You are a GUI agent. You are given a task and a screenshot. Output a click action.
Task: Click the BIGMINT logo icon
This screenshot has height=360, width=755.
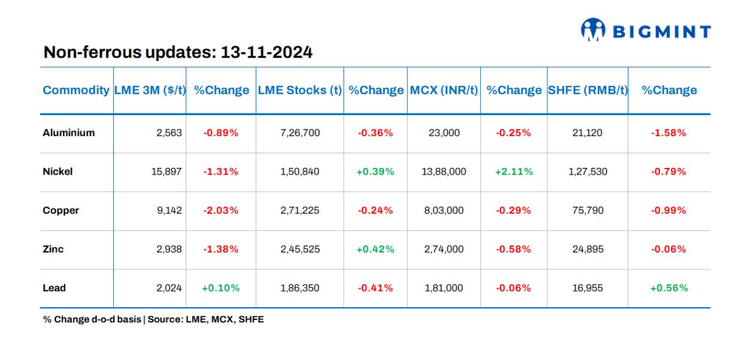pyautogui.click(x=593, y=30)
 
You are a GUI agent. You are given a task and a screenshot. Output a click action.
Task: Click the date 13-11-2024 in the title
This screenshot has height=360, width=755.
pyautogui.click(x=266, y=52)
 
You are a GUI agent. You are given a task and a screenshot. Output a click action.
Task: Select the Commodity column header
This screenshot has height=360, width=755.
pyautogui.click(x=76, y=90)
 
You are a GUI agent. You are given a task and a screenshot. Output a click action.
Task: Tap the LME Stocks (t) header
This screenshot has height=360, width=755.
pyautogui.click(x=299, y=90)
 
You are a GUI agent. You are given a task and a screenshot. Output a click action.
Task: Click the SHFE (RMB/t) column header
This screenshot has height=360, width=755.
pyautogui.click(x=588, y=90)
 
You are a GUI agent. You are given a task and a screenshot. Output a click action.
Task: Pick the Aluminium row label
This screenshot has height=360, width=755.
pyautogui.click(x=68, y=133)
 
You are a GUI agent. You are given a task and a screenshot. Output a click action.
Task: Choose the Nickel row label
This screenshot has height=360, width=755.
pyautogui.click(x=58, y=172)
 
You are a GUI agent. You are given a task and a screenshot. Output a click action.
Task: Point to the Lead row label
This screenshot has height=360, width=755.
pyautogui.click(x=54, y=288)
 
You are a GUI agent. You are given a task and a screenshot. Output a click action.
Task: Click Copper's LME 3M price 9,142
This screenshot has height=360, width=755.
pyautogui.click(x=169, y=211)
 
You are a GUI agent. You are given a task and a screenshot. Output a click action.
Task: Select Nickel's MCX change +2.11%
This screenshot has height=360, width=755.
pyautogui.click(x=513, y=172)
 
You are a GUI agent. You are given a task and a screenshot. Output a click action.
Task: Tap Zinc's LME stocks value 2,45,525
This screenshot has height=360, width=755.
pyautogui.click(x=299, y=249)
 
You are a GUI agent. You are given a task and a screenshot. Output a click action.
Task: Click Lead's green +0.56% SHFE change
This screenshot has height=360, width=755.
pyautogui.click(x=669, y=288)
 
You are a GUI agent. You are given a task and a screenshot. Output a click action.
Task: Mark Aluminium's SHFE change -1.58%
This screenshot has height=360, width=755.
pyautogui.click(x=669, y=133)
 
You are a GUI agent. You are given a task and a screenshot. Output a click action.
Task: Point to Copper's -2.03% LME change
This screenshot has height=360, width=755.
pyautogui.click(x=221, y=211)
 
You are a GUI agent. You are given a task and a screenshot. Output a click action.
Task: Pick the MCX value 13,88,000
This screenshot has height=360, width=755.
pyautogui.click(x=444, y=172)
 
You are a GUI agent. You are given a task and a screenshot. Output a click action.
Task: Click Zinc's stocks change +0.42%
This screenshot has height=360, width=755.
pyautogui.click(x=375, y=249)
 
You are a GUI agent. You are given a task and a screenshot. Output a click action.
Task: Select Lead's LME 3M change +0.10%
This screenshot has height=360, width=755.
pyautogui.click(x=221, y=288)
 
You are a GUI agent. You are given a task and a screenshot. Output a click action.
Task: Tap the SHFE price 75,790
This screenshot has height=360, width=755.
pyautogui.click(x=588, y=211)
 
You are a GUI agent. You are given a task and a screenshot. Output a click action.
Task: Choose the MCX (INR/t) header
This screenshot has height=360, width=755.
pyautogui.click(x=444, y=90)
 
